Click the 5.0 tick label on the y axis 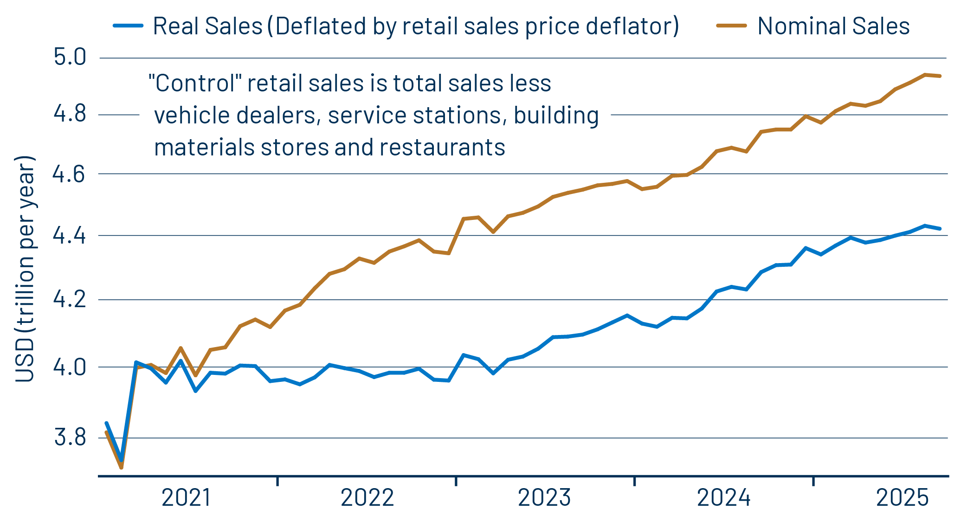70,58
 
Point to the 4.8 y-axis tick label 70,114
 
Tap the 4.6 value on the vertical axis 69,174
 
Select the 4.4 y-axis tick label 70,236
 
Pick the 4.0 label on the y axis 70,367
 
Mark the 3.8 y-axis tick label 70,438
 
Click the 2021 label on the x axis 187,498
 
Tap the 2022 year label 367,498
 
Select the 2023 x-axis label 544,498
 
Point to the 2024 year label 723,498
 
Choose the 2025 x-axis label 902,498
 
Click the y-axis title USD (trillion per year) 25,269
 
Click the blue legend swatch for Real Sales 128,26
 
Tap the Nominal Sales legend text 833,26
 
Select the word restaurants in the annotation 442,148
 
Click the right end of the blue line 940,229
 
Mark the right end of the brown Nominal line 940,76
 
